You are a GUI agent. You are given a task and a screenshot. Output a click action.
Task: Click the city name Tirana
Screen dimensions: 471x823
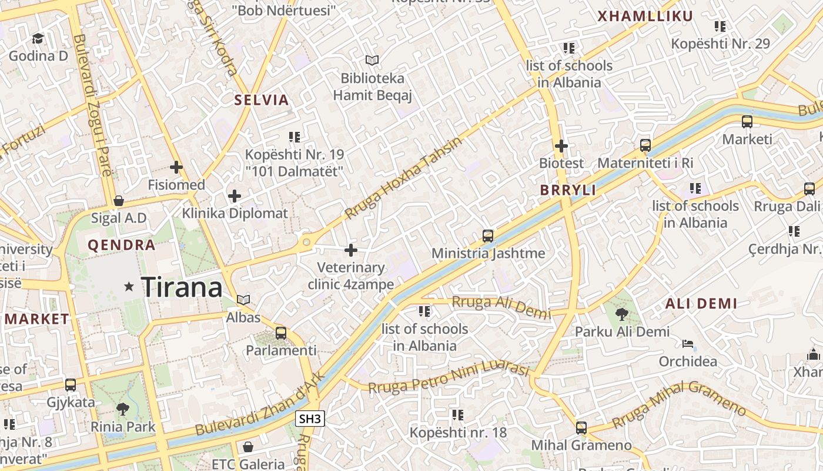pos(182,287)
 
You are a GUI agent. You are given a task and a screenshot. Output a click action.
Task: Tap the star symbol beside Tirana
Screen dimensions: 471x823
pos(129,287)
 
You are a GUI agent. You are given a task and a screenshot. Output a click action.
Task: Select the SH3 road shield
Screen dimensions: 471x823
pos(310,419)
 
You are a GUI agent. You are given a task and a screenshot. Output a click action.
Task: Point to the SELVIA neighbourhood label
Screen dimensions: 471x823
pos(262,100)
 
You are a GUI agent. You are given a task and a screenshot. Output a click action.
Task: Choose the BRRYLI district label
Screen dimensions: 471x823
pos(568,190)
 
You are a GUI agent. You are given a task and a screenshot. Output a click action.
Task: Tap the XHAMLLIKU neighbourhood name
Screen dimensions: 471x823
pos(645,16)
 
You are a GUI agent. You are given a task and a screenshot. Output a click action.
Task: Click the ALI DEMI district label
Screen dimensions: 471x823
pos(701,304)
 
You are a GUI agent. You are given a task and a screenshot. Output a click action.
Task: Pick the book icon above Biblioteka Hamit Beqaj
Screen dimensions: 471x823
pos(372,60)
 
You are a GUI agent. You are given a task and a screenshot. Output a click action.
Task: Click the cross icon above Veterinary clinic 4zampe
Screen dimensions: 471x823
pos(351,250)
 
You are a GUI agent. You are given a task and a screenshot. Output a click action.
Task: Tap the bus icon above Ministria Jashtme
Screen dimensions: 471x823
pos(488,236)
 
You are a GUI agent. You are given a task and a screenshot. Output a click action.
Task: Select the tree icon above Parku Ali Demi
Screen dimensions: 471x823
pos(621,314)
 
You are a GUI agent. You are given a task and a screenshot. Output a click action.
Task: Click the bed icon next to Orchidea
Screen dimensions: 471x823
pos(688,344)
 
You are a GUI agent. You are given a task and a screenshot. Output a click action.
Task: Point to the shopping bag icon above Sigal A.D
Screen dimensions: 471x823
pos(119,201)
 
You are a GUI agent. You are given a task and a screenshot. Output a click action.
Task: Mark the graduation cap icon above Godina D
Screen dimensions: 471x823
pos(38,38)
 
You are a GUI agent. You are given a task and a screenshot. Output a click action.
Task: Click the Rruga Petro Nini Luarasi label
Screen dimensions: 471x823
pos(450,377)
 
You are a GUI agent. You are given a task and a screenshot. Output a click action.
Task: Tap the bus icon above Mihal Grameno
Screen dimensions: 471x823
pos(581,428)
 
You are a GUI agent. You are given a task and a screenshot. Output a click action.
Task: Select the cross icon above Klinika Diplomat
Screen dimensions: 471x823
pos(235,195)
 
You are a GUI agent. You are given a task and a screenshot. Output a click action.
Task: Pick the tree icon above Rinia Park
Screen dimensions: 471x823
pos(123,409)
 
